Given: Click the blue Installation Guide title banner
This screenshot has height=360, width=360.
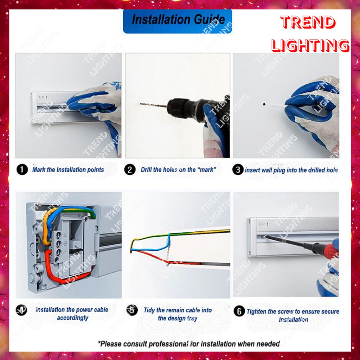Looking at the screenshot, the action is tap(177, 21).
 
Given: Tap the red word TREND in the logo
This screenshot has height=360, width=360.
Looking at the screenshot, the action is tap(308, 22).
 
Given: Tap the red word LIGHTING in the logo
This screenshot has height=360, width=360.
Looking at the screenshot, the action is tap(310, 45).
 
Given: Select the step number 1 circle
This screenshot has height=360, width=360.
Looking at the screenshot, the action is tap(22, 170).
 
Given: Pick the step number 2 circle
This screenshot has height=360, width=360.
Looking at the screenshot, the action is tap(130, 170).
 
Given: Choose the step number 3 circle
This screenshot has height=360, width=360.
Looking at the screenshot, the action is tap(238, 170).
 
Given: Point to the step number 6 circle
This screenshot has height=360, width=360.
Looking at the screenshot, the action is tap(239, 311).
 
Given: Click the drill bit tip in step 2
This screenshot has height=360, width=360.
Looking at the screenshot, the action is tap(140, 104).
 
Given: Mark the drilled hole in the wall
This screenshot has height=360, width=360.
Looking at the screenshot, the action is tap(264, 104).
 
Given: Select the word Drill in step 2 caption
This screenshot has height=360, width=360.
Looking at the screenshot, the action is tap(146, 170).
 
